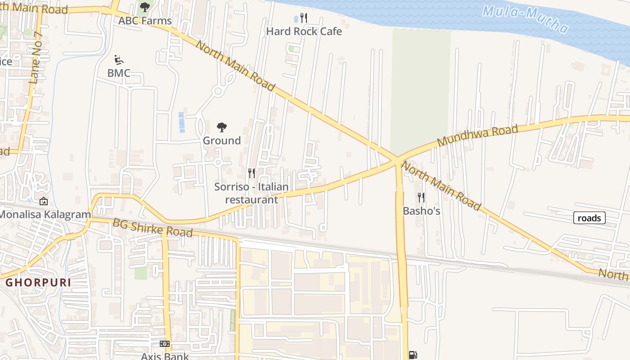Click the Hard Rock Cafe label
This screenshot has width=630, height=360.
click(304, 31)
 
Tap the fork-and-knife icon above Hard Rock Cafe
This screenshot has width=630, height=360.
click(304, 18)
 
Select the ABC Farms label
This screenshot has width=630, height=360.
click(144, 21)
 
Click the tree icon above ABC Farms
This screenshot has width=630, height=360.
click(144, 7)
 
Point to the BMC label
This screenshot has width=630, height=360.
click(119, 73)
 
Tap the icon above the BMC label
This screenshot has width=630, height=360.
click(119, 60)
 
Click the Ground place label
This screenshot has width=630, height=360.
click(221, 140)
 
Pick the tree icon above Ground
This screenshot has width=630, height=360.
click(221, 127)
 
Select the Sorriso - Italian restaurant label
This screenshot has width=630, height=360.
click(252, 193)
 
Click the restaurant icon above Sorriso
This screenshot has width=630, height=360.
click(252, 173)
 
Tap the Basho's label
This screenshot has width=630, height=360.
click(421, 211)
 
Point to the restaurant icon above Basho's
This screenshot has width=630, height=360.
click(421, 197)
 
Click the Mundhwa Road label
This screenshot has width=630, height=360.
click(477, 135)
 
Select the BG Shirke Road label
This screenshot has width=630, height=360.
click(153, 228)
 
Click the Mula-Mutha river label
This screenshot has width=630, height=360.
click(526, 19)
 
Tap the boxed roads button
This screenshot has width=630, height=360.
click(589, 218)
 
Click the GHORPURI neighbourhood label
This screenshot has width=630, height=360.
click(38, 283)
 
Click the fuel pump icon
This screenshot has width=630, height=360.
click(413, 355)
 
